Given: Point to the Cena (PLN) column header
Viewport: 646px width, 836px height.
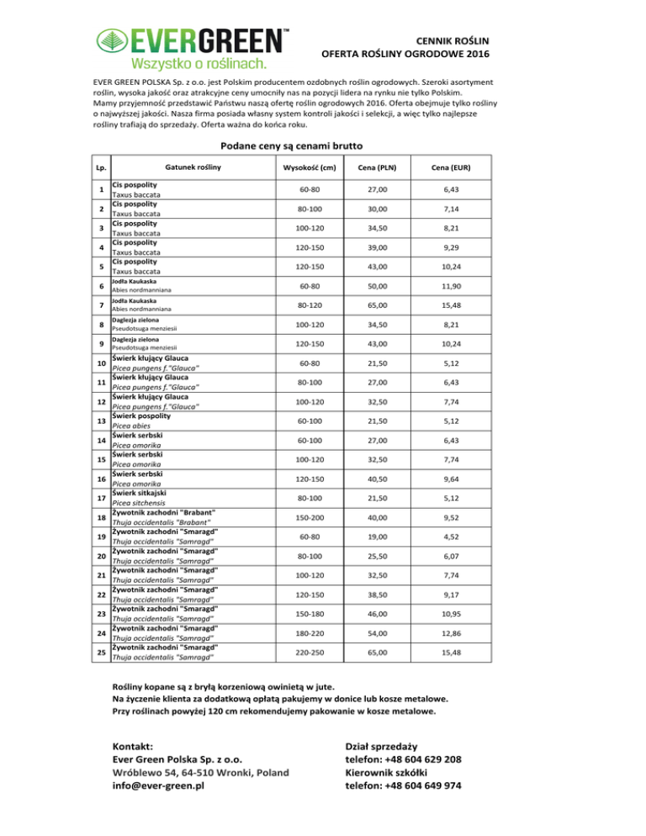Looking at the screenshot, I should point(371,167).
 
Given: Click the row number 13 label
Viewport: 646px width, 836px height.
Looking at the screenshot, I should point(100,421).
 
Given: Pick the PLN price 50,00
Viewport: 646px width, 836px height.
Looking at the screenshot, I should point(371,288).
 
